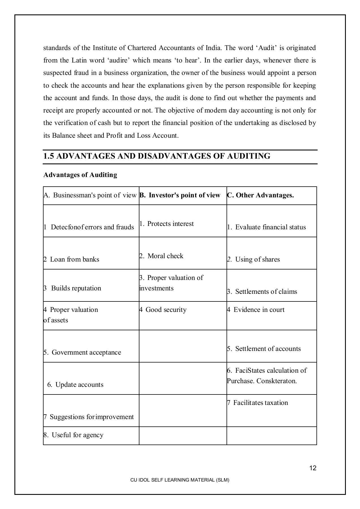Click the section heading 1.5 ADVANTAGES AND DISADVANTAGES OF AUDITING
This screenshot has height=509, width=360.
pos(157,156)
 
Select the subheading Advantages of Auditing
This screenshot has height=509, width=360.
pos(80,175)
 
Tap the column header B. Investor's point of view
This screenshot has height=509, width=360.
pos(180,195)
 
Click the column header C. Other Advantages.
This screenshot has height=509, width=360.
pos(260,195)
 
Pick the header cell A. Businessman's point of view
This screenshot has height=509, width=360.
pos(90,195)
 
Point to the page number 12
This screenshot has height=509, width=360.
pos(313,468)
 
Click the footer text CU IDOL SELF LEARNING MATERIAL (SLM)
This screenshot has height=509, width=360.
pos(180,480)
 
